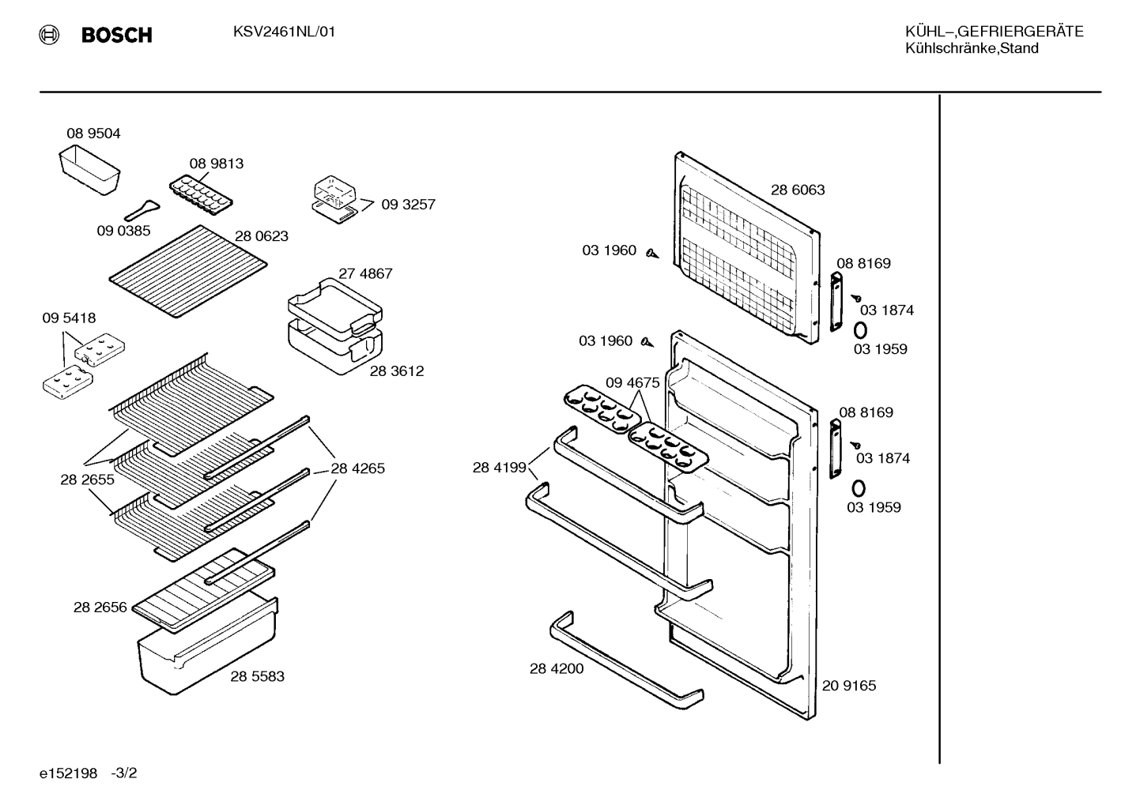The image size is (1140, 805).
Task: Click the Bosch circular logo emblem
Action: coord(49,35)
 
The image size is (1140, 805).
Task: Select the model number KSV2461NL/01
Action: coord(284,32)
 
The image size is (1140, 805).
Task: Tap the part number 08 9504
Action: coord(93,134)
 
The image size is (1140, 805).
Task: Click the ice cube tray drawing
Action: coord(201,195)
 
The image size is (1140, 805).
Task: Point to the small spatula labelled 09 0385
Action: coord(142,209)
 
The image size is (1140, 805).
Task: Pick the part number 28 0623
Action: coord(262,236)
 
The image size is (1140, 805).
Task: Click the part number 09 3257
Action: coord(408,205)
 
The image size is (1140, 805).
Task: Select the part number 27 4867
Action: coord(365,273)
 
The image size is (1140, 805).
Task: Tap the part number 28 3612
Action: coord(396,371)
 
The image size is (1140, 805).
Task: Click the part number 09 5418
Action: coord(69,318)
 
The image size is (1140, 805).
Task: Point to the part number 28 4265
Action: coord(358,468)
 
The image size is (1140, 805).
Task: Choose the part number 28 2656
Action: coord(100,608)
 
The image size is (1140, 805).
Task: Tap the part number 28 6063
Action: coord(798,190)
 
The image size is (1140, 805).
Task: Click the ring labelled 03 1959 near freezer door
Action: coord(860,330)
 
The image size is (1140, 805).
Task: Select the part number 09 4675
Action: coord(632,382)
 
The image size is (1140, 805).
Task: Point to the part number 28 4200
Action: coord(557,668)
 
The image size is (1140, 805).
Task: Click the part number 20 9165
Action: coord(849,686)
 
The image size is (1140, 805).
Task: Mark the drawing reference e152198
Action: coord(68,773)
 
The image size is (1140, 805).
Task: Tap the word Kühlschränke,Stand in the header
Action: coord(972,49)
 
